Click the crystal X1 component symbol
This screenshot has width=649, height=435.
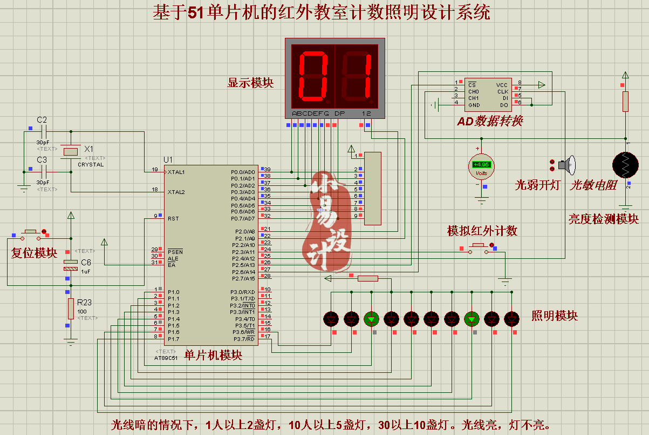71,152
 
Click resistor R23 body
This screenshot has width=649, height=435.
71,309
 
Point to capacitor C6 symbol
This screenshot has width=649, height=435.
71,265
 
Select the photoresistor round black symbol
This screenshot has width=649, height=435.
625,165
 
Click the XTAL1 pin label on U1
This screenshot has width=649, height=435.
176,172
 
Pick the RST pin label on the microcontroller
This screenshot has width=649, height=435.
173,219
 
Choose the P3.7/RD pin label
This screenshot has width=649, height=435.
244,339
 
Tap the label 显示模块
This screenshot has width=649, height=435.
250,83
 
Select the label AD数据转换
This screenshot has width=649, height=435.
490,122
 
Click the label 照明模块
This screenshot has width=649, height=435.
555,316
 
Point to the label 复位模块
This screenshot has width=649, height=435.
34,253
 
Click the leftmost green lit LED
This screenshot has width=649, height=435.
371,319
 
